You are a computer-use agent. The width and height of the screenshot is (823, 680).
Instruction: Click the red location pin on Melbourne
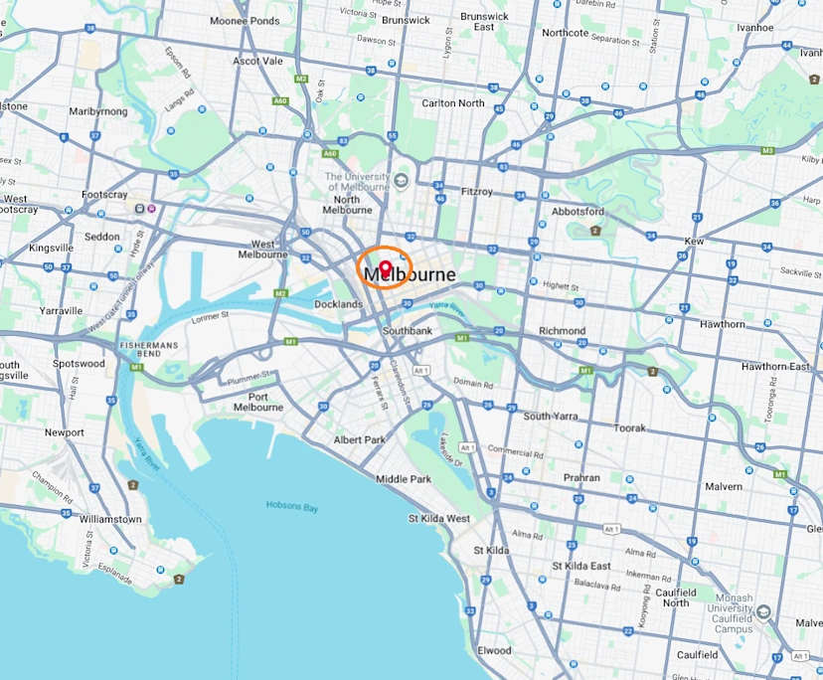tap(385, 268)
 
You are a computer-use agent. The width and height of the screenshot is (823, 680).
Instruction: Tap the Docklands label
tap(338, 304)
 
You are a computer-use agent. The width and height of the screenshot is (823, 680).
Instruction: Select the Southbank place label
tap(408, 330)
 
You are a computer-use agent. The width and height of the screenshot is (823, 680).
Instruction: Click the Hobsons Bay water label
tap(292, 507)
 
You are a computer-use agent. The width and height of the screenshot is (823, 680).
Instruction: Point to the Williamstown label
tap(110, 519)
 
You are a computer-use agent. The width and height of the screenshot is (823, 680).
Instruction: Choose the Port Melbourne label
tap(258, 401)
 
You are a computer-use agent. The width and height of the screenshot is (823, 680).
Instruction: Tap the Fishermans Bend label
tap(147, 349)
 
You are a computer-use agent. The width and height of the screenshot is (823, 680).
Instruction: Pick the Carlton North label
tap(453, 102)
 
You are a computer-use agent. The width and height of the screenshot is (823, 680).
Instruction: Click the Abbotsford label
tap(577, 211)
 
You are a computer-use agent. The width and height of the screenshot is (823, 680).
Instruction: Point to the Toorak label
tap(630, 427)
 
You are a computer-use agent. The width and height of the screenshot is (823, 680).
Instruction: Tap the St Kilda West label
tap(438, 519)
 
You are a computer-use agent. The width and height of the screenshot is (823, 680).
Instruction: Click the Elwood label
tap(494, 650)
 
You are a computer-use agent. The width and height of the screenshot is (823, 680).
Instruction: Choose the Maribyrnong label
tap(97, 111)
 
